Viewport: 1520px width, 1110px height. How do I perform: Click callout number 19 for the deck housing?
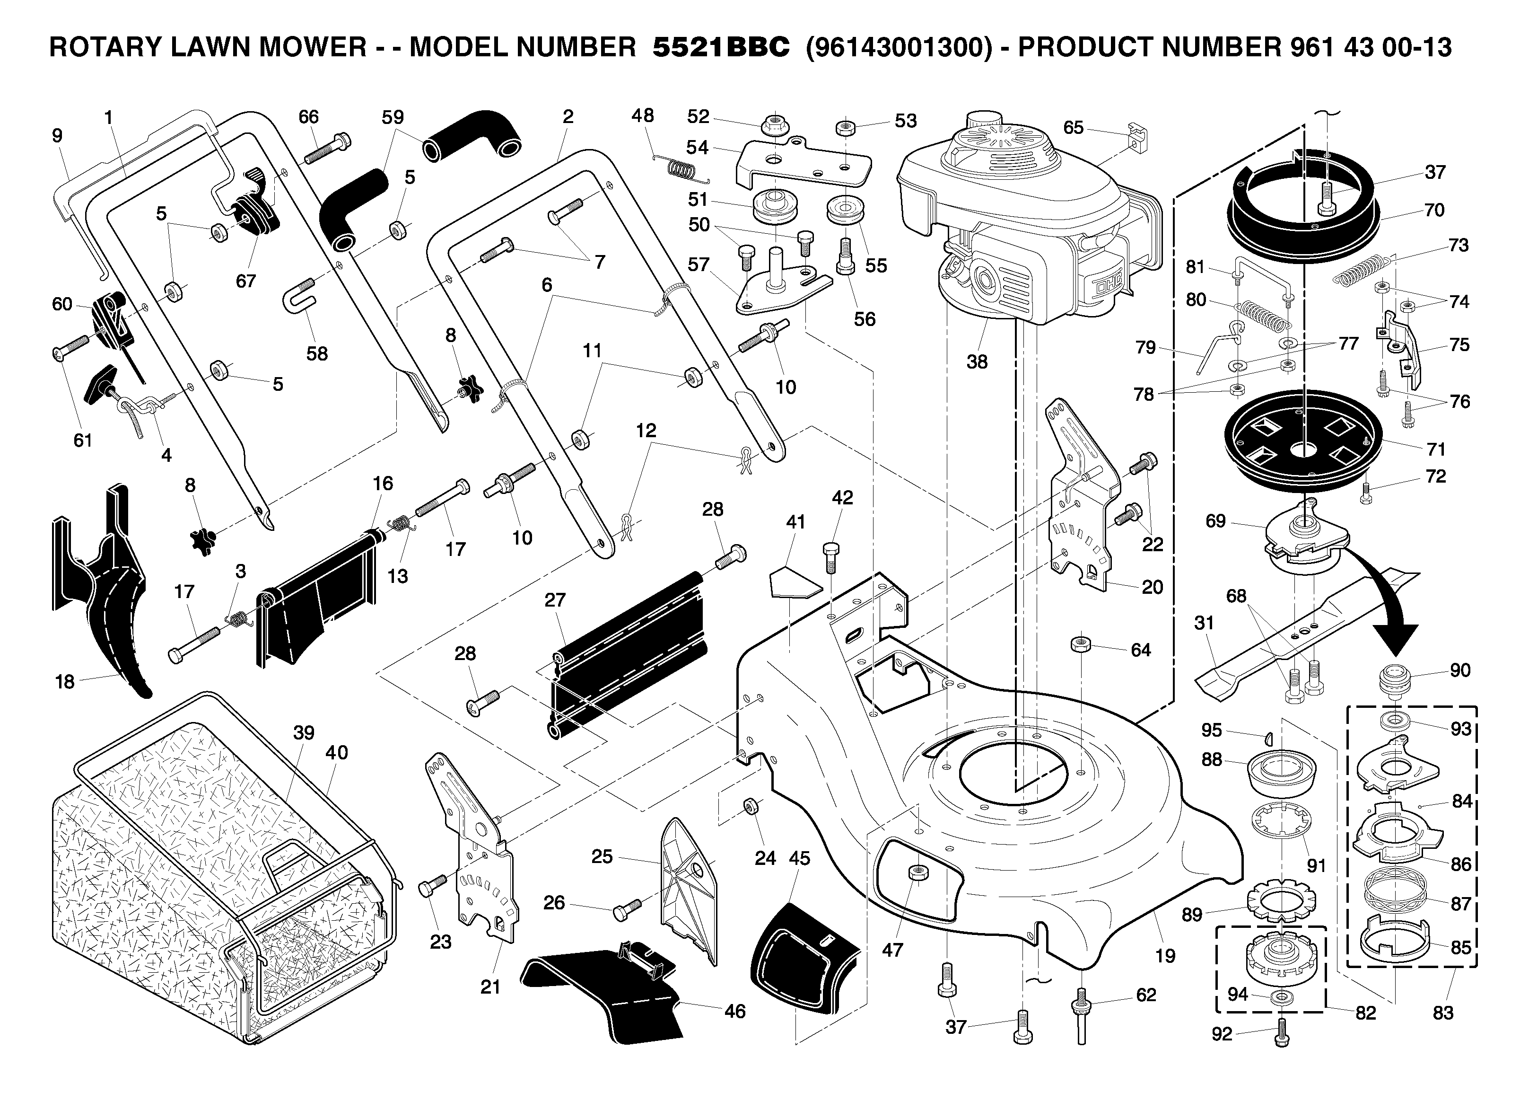click(1165, 955)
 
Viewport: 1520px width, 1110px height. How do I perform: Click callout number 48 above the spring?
click(642, 115)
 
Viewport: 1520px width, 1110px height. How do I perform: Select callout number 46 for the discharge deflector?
click(735, 1011)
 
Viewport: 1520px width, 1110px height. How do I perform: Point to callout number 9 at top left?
click(57, 136)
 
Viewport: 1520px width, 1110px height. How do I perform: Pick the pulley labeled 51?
click(775, 206)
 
